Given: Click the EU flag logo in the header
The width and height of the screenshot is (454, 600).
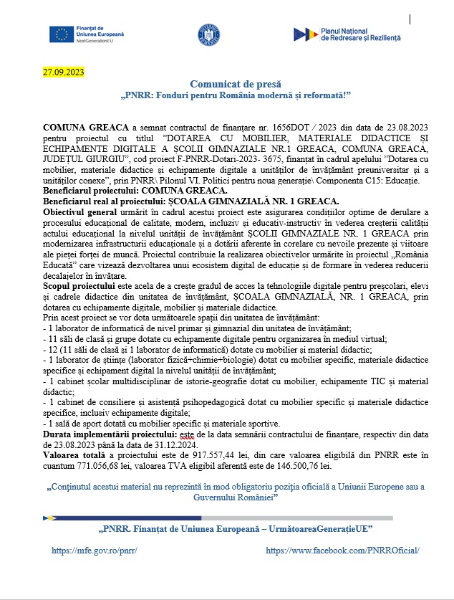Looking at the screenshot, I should click(x=59, y=34).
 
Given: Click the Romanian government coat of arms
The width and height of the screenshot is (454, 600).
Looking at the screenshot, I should click(x=208, y=34).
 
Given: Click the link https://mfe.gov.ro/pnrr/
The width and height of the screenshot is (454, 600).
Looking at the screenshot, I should click(x=95, y=551).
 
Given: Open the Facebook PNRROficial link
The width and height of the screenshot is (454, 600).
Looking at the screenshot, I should click(x=342, y=551).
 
